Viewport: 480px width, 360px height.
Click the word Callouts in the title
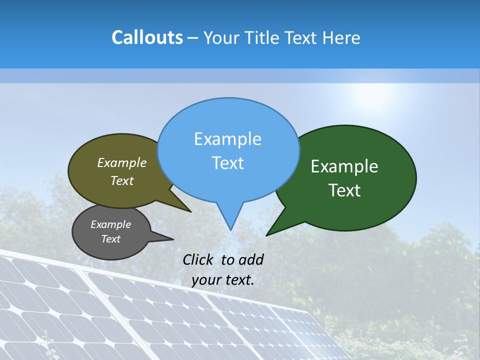click(147, 37)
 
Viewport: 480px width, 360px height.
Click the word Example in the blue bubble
click(227, 139)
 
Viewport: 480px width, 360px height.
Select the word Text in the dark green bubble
click(345, 190)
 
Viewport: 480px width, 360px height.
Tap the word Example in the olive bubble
click(122, 163)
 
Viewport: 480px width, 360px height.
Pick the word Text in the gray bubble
click(110, 239)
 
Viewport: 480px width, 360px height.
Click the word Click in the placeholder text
click(198, 259)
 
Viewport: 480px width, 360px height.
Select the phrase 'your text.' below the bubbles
click(223, 280)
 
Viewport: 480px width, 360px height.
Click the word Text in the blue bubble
click(228, 163)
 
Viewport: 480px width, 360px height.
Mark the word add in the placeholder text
click(250, 259)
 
